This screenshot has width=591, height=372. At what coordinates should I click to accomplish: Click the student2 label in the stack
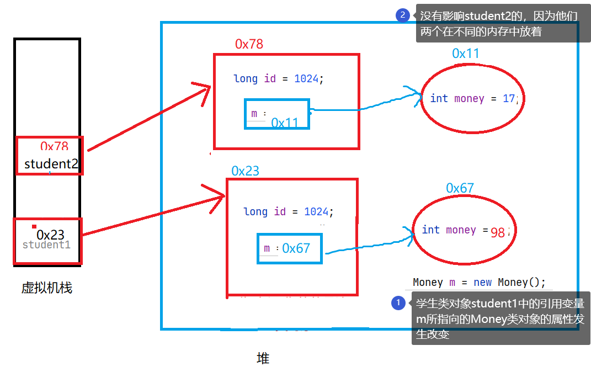[51, 164]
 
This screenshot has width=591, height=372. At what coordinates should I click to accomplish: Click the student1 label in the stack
[46, 245]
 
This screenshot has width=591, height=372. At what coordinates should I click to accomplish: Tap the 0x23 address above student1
[50, 235]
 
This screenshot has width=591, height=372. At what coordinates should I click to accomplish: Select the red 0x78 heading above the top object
[249, 44]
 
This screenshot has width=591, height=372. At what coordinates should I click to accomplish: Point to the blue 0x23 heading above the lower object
[245, 171]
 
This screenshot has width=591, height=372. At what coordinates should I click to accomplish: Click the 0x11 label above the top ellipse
[465, 53]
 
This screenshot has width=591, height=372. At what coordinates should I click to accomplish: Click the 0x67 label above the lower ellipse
[460, 188]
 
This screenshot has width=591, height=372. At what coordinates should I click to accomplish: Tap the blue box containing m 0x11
[276, 114]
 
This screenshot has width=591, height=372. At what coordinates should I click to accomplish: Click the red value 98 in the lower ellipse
[498, 233]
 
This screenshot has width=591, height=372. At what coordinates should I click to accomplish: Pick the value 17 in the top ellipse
[508, 99]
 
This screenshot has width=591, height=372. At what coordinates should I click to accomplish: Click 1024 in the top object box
[306, 78]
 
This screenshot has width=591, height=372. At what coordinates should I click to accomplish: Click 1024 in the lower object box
[316, 211]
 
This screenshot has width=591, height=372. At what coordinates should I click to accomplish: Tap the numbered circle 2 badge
[402, 15]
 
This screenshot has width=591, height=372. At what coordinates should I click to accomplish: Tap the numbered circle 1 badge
[398, 303]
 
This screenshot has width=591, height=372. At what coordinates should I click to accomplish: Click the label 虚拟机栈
[47, 288]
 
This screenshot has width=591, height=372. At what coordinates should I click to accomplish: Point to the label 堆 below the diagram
[263, 358]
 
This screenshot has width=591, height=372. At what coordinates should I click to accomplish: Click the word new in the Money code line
[482, 282]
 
